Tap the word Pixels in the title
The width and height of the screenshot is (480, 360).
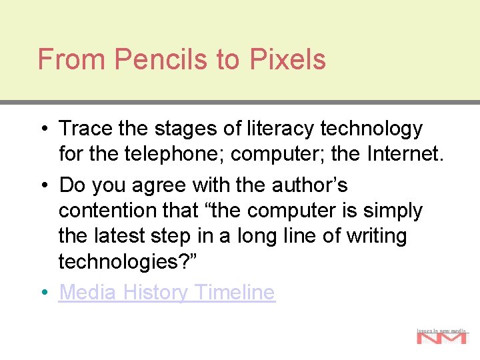pos(288,59)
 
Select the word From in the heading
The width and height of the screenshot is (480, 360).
pos(72,59)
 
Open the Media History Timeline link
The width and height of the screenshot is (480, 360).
pos(167,292)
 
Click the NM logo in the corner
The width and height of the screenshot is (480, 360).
pos(441,337)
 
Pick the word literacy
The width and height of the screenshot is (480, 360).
pos(278,128)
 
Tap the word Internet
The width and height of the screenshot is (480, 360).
pos(403,155)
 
